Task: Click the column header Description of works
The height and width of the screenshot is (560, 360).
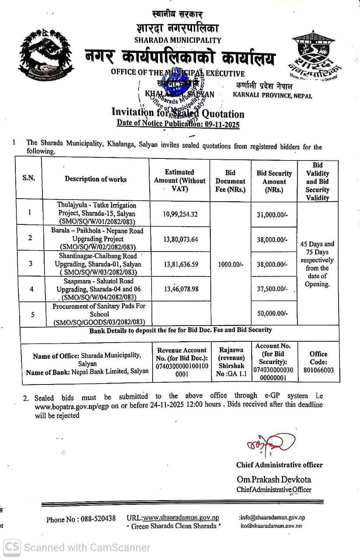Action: pos(96,179)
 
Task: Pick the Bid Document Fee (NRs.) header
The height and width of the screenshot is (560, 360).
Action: pos(230,181)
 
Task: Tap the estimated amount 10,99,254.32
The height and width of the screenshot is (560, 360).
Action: pos(180,214)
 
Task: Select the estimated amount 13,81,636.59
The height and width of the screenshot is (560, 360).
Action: pos(180,264)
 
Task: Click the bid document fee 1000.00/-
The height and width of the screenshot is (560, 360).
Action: pos(231,264)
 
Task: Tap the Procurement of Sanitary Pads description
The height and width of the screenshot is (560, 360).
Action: pos(99,314)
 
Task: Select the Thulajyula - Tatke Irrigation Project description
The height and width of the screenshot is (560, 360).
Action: pos(97,213)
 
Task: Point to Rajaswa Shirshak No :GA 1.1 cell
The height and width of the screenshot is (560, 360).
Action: pos(231,361)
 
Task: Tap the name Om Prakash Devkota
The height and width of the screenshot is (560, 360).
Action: pos(274,479)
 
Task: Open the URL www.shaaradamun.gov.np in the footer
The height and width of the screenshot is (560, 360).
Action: pos(181,518)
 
